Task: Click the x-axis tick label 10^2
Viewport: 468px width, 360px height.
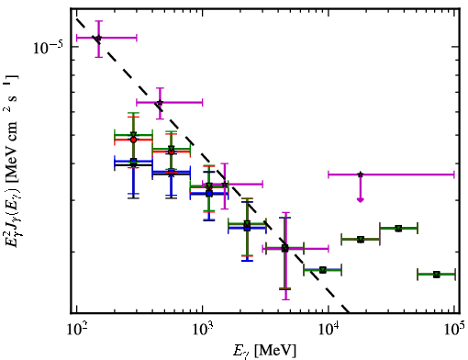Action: (76, 330)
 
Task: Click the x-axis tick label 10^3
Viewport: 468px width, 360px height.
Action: (203, 330)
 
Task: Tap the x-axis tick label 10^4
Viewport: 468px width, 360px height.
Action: (329, 330)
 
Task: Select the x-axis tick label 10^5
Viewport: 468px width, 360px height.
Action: (454, 330)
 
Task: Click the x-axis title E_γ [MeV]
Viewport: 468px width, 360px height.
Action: (265, 351)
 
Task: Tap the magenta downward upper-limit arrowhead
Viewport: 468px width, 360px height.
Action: (361, 200)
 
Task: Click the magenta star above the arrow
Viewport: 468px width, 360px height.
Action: (361, 174)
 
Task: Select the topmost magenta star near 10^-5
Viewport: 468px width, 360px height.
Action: (98, 38)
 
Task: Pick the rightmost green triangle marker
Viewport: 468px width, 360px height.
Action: (437, 275)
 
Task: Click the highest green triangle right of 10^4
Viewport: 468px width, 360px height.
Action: (398, 229)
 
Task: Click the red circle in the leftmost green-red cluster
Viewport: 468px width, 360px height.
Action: (133, 140)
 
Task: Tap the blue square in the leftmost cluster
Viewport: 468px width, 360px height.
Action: (133, 162)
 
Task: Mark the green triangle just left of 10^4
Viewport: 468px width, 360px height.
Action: (323, 270)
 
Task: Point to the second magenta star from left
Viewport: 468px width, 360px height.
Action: (160, 102)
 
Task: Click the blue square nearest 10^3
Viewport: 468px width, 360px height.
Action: (209, 194)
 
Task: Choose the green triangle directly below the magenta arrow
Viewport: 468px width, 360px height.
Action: (361, 239)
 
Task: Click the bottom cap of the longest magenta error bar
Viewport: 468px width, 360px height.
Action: (285, 299)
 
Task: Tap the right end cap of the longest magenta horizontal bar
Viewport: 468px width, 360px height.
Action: (454, 174)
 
